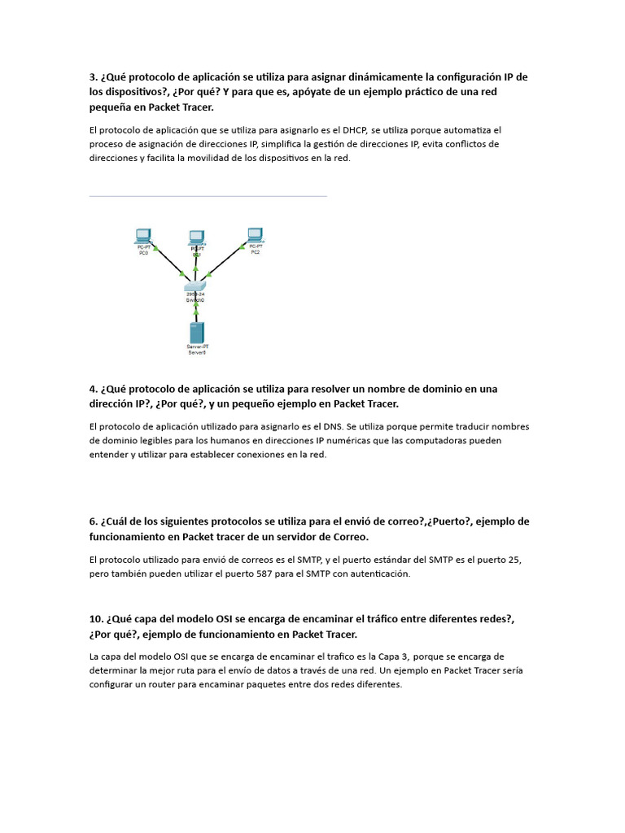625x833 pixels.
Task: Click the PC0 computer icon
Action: tap(143, 235)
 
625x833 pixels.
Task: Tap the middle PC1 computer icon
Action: tap(196, 237)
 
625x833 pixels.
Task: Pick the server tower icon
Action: tap(196, 332)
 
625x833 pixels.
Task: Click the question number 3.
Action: tap(94, 77)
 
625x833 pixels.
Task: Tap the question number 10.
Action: tap(97, 619)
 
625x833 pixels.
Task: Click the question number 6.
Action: tap(94, 521)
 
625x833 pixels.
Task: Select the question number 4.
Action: tap(94, 389)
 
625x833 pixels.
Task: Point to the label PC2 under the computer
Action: tap(255, 252)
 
